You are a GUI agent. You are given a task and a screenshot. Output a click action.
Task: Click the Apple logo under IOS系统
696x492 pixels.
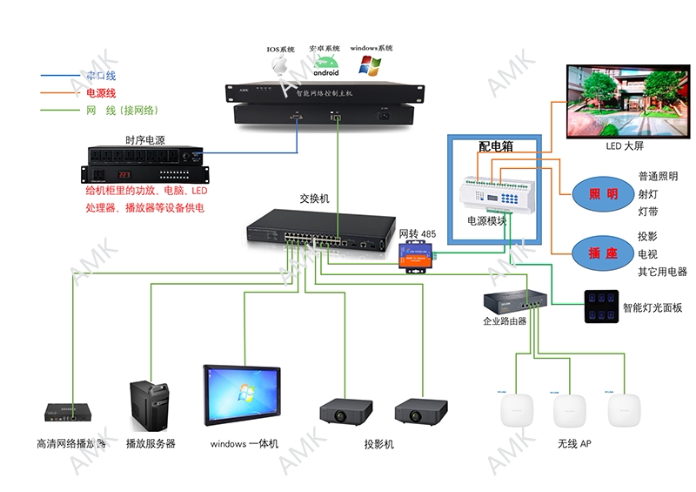(x=280, y=67)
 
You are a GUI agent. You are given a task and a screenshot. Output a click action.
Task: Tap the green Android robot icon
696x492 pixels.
(x=325, y=66)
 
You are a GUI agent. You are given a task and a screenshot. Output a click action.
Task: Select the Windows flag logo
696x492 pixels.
(x=371, y=65)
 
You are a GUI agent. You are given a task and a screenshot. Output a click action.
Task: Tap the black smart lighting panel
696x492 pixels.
(x=601, y=307)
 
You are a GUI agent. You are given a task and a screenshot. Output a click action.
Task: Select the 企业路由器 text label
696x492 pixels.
(x=505, y=321)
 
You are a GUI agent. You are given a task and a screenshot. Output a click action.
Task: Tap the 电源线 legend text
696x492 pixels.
(x=101, y=92)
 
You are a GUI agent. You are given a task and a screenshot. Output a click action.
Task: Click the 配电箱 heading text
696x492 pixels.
(x=496, y=146)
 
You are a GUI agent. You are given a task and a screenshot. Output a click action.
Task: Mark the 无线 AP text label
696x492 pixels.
(x=574, y=443)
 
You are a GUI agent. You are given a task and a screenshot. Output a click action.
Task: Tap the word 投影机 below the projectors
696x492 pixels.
(x=379, y=444)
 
